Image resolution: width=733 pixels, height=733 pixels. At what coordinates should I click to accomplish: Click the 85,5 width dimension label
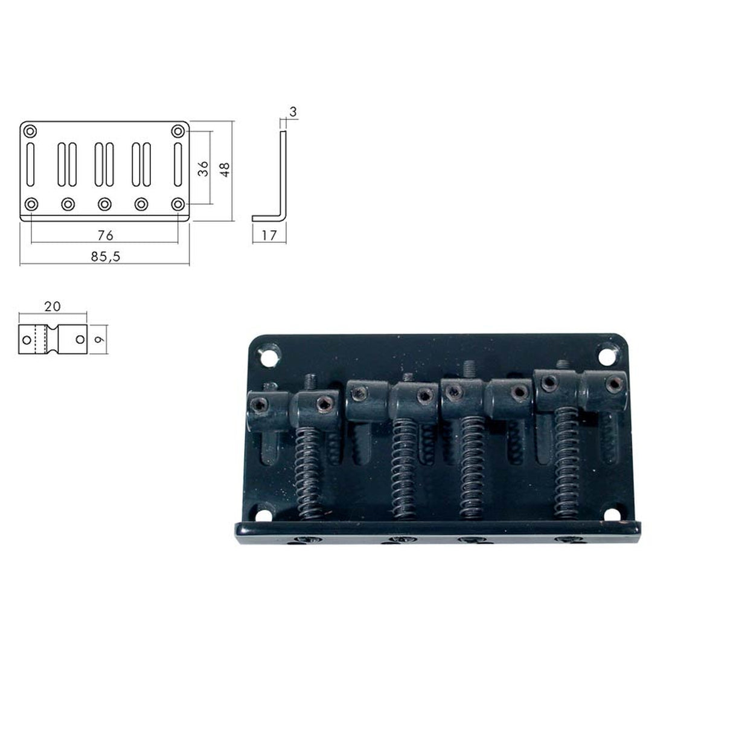click(x=106, y=256)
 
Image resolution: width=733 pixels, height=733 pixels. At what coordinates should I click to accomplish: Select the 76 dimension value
click(x=105, y=234)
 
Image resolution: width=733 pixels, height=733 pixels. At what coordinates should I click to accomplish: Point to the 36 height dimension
click(x=203, y=168)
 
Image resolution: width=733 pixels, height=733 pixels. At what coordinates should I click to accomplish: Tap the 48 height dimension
click(x=225, y=168)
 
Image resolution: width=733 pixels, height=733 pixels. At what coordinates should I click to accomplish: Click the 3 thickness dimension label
click(x=293, y=112)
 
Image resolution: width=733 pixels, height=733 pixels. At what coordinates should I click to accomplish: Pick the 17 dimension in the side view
click(x=269, y=235)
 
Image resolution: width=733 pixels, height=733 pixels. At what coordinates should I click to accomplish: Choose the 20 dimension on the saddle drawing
click(x=53, y=306)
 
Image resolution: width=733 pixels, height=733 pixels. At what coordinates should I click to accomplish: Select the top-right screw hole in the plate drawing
click(x=178, y=131)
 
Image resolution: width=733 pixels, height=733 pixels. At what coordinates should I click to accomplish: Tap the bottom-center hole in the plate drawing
click(x=105, y=203)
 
